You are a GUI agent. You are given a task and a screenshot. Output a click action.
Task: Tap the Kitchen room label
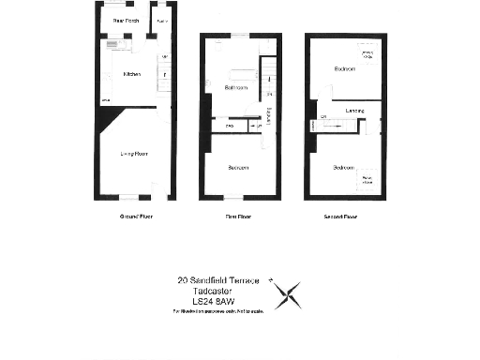[131, 74]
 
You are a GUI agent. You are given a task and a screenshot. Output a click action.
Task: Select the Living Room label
[131, 153]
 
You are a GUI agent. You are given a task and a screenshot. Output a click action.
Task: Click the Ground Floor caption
[136, 216]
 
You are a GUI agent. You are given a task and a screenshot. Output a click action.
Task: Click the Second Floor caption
[341, 216]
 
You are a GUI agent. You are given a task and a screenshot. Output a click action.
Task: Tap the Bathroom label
[236, 88]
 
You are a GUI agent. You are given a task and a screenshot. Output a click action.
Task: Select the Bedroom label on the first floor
[237, 168]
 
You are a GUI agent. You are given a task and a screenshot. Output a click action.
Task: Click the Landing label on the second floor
[354, 111]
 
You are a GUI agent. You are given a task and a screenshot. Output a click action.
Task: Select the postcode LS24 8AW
[213, 301]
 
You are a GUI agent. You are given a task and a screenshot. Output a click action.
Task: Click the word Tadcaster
[213, 291]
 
